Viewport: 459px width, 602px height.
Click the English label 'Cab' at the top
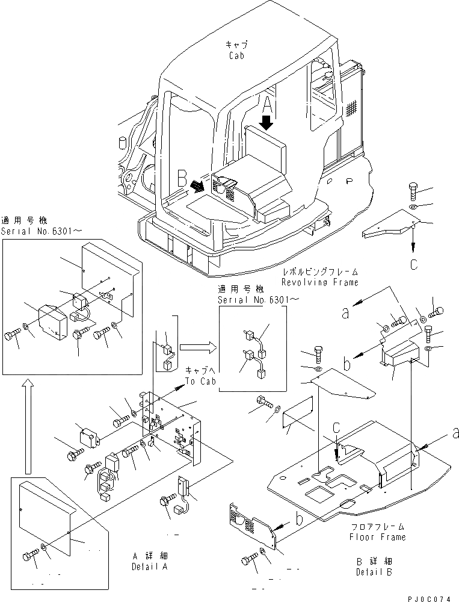pos(236,55)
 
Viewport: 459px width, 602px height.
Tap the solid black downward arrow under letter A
pos(267,122)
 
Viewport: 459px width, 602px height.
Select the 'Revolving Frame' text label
pos(319,282)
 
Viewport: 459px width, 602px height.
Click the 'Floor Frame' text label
pos(378,536)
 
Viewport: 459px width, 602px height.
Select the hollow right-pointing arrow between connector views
pos(196,347)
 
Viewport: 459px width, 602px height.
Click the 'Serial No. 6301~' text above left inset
pos(32,231)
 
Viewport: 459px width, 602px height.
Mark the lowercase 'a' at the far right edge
pos(455,432)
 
